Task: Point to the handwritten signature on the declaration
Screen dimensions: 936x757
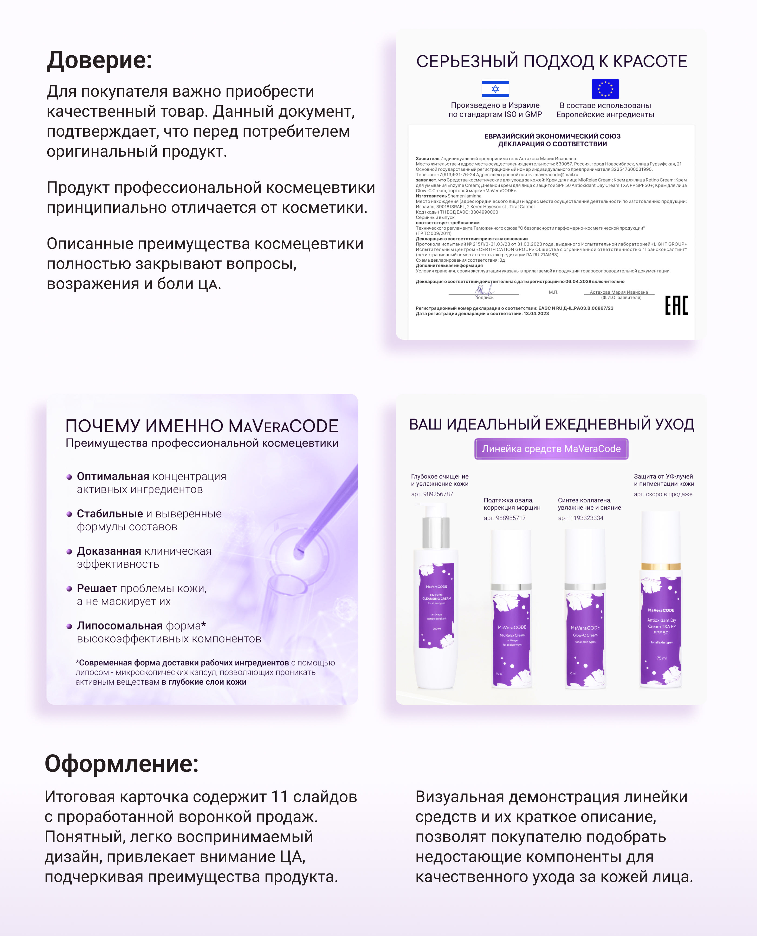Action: [x=484, y=291]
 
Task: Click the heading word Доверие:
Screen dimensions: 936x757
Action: [x=99, y=60]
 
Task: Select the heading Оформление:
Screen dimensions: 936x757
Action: [x=122, y=763]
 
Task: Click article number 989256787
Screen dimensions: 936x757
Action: [x=432, y=494]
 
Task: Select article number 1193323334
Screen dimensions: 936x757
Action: [x=580, y=518]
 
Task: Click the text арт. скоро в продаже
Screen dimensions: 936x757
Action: [x=663, y=494]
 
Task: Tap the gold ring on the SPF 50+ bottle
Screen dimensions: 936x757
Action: [x=661, y=566]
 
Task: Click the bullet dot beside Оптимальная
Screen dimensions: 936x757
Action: [x=69, y=477]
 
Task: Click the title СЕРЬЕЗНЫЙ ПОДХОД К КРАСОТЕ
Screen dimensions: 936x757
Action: [x=551, y=61]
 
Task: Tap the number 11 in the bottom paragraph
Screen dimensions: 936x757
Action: [x=279, y=797]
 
